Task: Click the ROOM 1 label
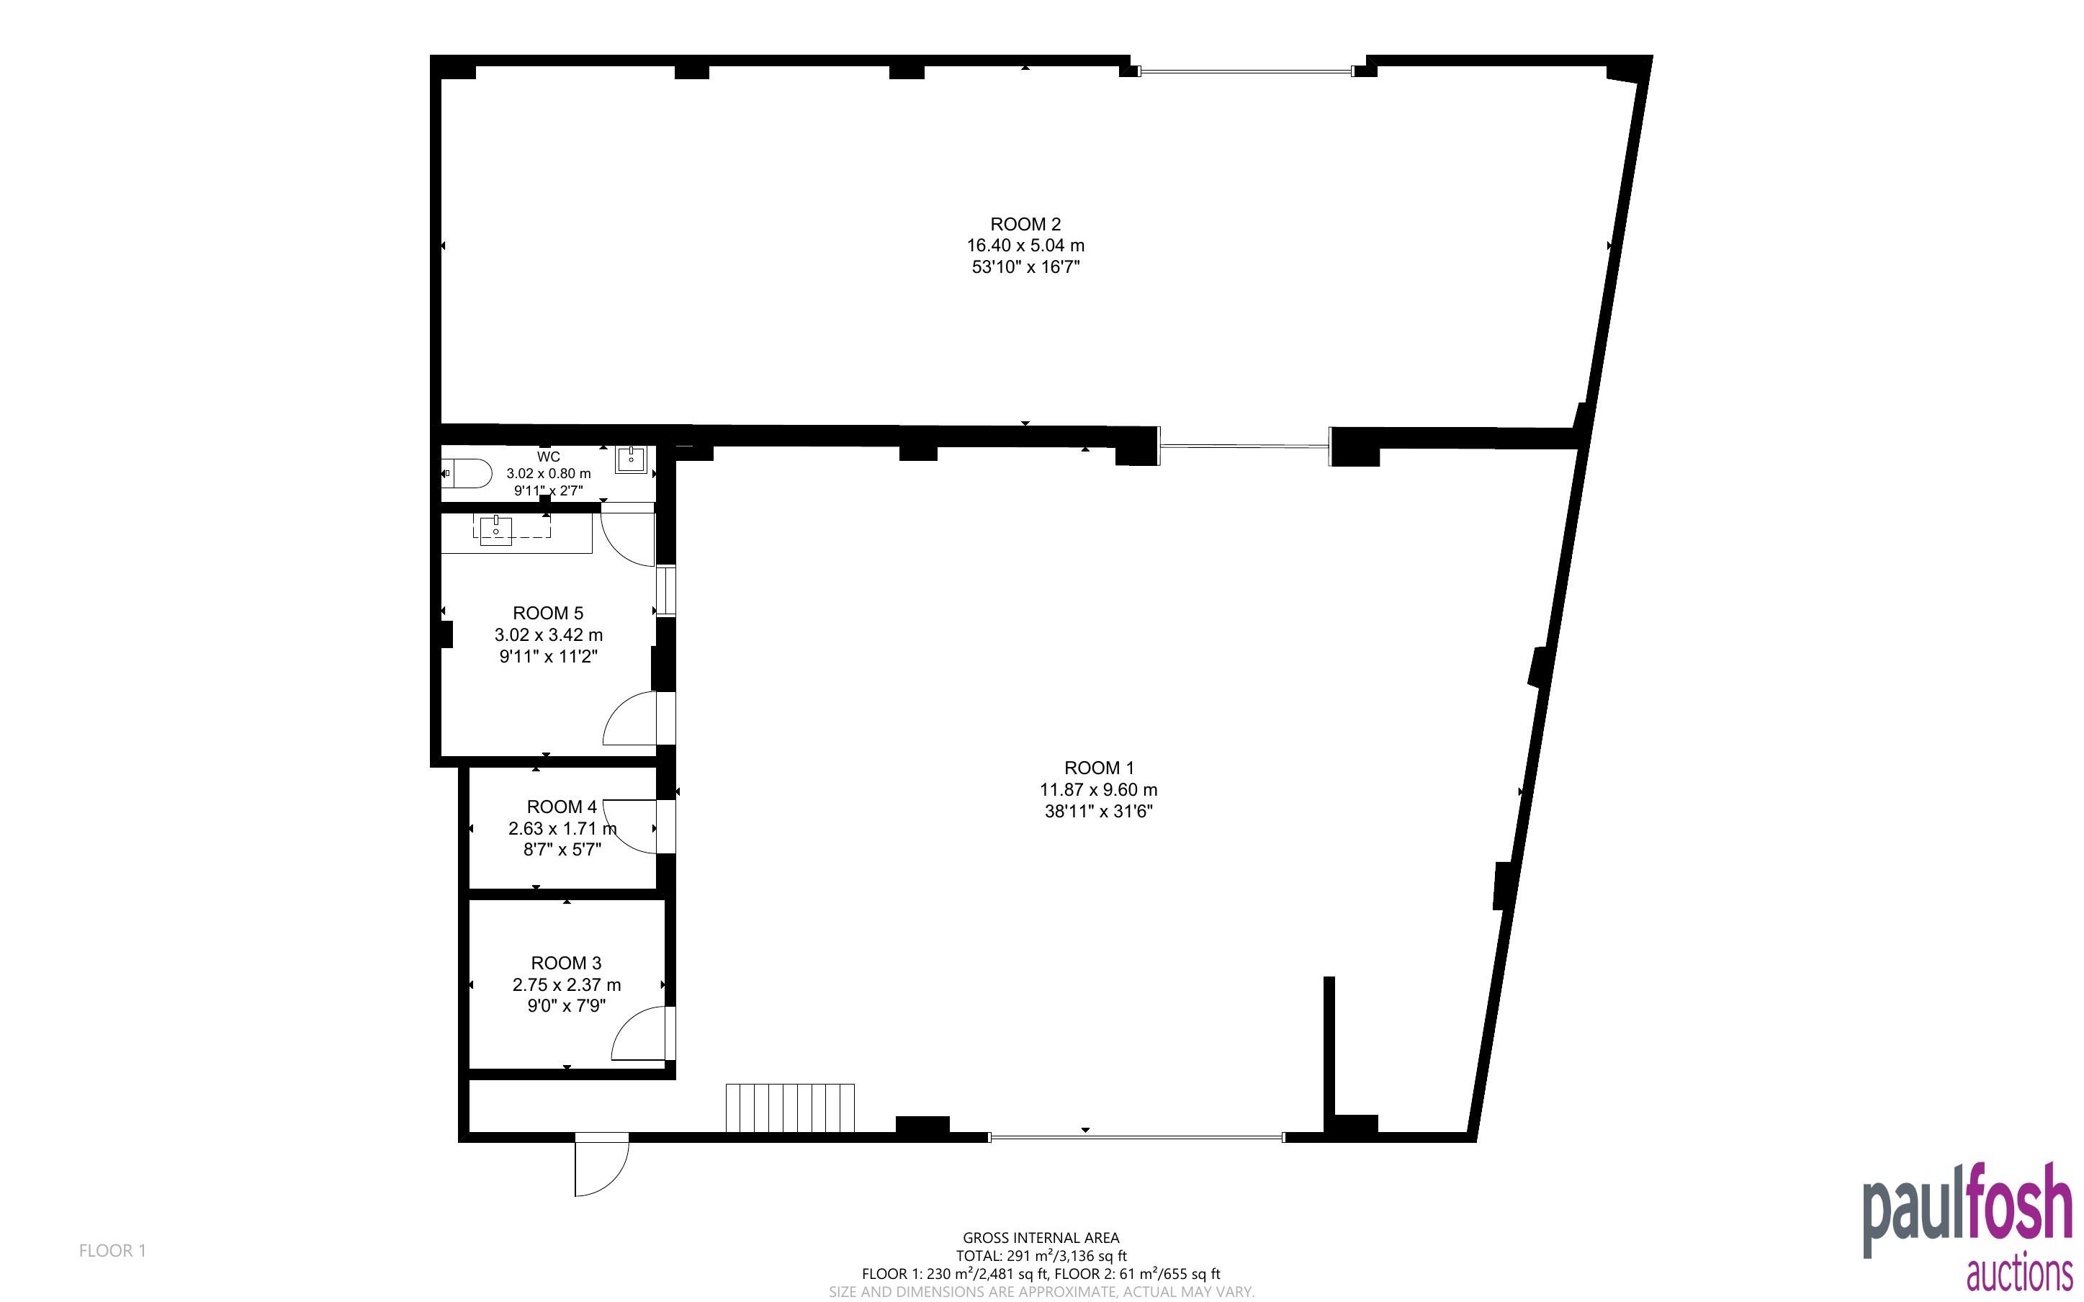pos(1098,768)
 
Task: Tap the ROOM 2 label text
pos(1025,225)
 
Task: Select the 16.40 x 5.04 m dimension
pos(1025,246)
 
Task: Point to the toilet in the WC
pos(467,472)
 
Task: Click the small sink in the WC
pos(631,460)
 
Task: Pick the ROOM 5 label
pos(547,613)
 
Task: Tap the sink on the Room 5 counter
pos(497,529)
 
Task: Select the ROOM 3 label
pos(567,963)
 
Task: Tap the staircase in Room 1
pos(790,1108)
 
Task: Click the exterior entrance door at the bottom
pos(602,1164)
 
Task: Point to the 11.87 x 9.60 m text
pos(1098,790)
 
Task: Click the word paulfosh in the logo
pos(1968,1211)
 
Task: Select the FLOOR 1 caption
pos(113,1250)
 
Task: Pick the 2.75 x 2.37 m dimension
pos(567,984)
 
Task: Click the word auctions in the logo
pos(2019,1274)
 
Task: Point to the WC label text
pos(548,457)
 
